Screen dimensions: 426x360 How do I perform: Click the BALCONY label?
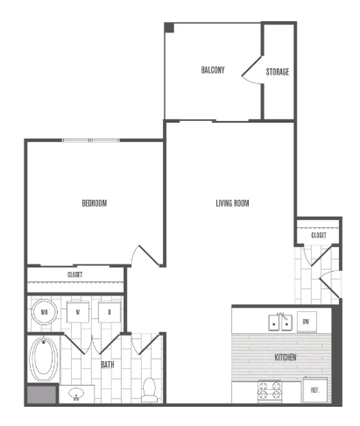point(213,70)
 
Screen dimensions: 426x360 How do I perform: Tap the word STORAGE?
point(278,71)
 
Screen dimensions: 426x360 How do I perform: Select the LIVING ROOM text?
point(233,203)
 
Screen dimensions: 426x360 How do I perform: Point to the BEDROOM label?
point(94,203)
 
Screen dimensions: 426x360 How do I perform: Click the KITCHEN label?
point(285,358)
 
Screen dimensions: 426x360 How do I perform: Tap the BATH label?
point(108,364)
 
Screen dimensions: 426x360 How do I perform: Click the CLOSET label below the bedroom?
point(75,275)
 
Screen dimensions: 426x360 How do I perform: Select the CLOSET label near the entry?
point(318,235)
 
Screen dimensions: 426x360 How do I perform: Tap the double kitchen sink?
point(279,321)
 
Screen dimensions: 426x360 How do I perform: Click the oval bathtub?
point(40,360)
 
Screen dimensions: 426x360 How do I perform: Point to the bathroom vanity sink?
point(76,394)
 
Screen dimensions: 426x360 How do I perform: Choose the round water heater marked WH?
point(44,312)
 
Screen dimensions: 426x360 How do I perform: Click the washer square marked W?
point(78,312)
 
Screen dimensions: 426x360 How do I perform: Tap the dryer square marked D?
point(109,312)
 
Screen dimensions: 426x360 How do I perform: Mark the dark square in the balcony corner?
point(170,28)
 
